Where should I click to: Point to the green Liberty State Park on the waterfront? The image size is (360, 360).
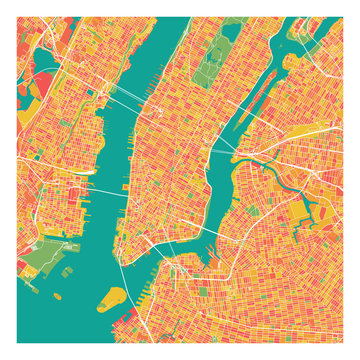pos(40,262)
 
